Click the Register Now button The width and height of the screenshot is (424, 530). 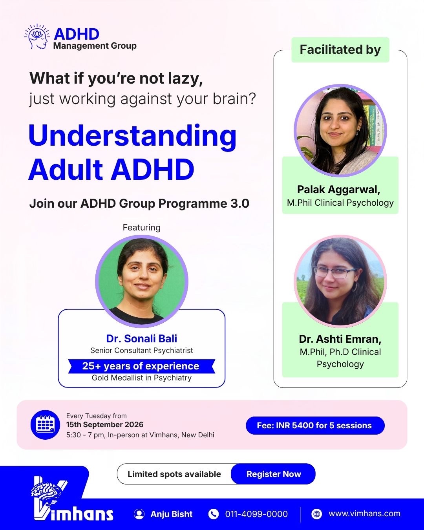pos(273,474)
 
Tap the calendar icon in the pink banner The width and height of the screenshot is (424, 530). pos(45,425)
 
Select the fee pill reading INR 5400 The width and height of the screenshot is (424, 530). pos(315,425)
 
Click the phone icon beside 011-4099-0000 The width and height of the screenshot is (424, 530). pos(213,514)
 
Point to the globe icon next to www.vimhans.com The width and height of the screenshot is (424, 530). pos(316,514)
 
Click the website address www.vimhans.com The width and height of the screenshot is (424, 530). pos(364,514)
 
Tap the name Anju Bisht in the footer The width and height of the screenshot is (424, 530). pos(172,514)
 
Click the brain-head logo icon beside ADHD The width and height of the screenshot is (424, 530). pos(37,37)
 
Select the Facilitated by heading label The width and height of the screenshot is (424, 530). pos(340,49)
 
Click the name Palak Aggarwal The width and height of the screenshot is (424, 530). pos(338,189)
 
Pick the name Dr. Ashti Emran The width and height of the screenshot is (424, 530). pos(340,339)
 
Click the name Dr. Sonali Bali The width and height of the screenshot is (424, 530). pos(142,338)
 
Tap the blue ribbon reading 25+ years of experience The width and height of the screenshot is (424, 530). pos(142,366)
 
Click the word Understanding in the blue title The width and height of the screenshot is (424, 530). pos(132,137)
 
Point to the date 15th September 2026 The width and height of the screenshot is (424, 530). pos(105,425)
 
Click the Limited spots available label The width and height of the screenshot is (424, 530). pos(174,474)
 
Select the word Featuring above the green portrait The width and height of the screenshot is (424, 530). pos(142,227)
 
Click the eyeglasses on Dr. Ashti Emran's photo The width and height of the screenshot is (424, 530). pos(335,272)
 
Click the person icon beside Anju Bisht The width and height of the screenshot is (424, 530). pos(139,514)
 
